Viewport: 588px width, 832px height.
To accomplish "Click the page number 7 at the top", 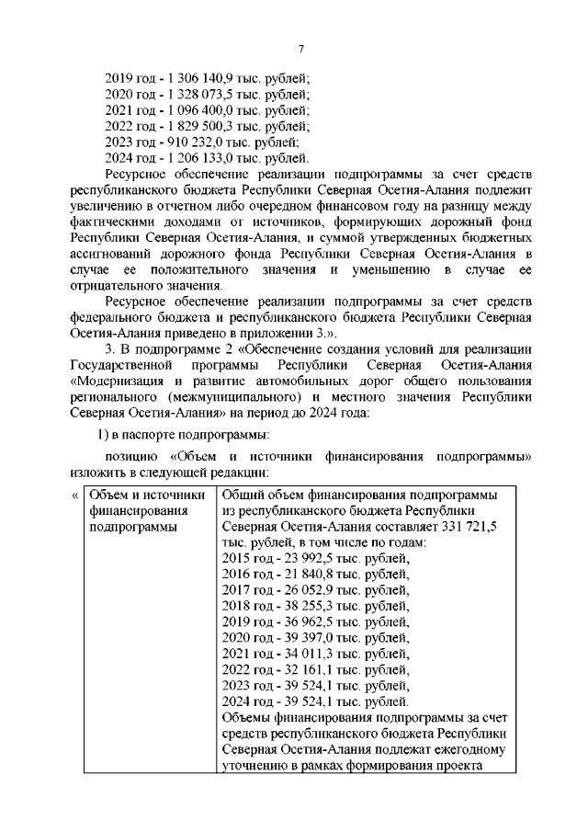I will [x=300, y=49].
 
